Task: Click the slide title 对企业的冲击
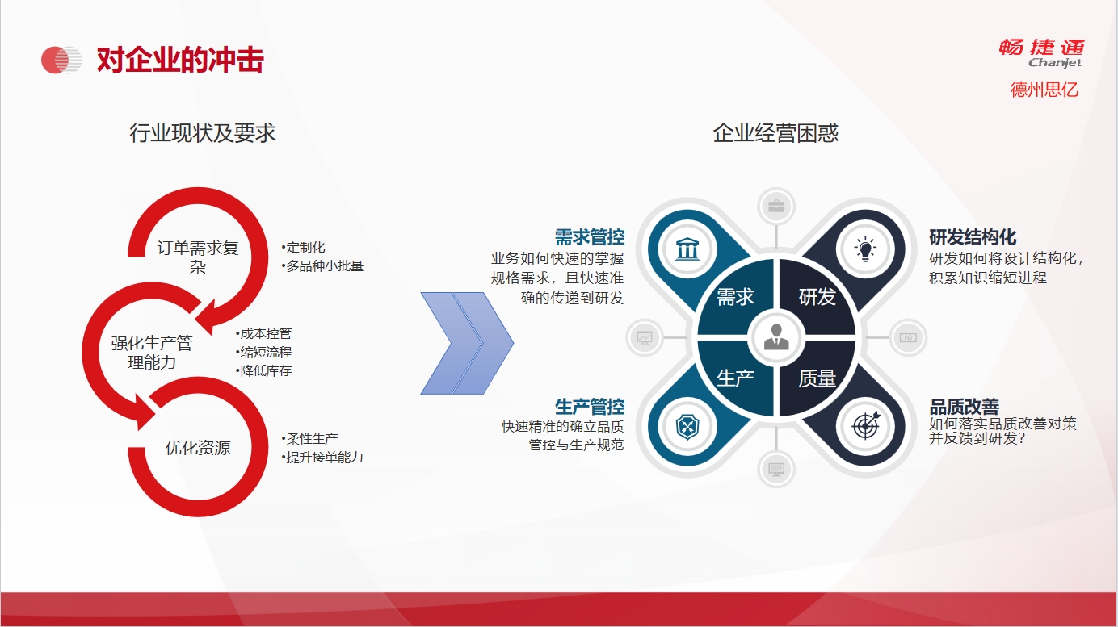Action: coord(180,61)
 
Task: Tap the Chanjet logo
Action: coord(1041,52)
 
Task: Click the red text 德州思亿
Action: coord(1044,90)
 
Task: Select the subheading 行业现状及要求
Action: coord(203,133)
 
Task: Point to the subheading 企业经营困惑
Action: coord(775,133)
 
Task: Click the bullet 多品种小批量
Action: coord(322,266)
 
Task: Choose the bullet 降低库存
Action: coord(263,371)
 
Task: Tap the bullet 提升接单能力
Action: coord(322,457)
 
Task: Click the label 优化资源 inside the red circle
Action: coord(198,448)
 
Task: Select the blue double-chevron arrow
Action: coord(467,344)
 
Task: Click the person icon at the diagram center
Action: coord(776,337)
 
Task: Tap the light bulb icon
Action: coord(865,249)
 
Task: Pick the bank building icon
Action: coord(687,249)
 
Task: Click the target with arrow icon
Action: coord(866,426)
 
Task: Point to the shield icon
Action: coord(687,427)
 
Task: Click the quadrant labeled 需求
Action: coord(735,297)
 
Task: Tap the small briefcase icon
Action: coord(776,206)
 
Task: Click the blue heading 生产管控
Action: coord(590,408)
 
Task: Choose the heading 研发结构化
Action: coord(973,237)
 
